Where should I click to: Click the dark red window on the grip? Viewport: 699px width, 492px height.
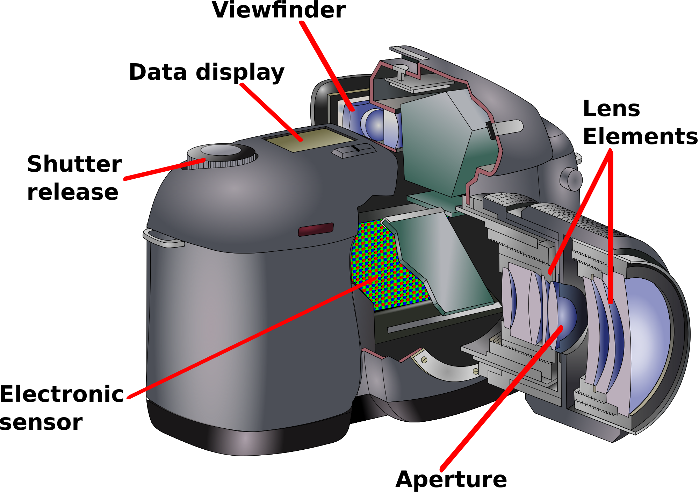coord(316,230)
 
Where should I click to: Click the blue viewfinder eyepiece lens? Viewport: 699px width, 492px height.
coord(374,124)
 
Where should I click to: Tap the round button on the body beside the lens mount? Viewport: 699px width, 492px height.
coord(571,179)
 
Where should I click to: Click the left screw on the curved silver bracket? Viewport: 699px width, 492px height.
coord(424,359)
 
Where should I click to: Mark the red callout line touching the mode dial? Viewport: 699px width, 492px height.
coord(164,170)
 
